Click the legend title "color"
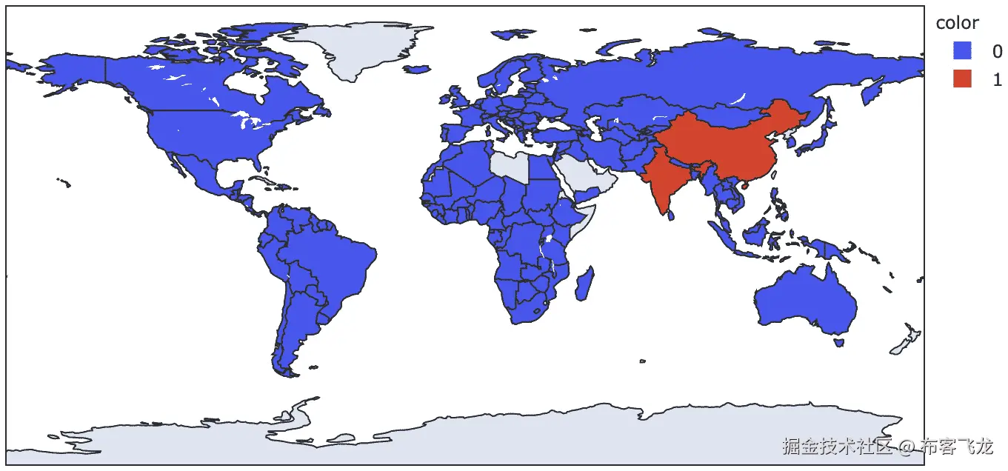pos(957,23)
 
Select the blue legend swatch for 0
pos(962,51)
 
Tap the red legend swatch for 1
pos(962,78)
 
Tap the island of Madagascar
pos(584,282)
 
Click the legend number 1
pos(997,79)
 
